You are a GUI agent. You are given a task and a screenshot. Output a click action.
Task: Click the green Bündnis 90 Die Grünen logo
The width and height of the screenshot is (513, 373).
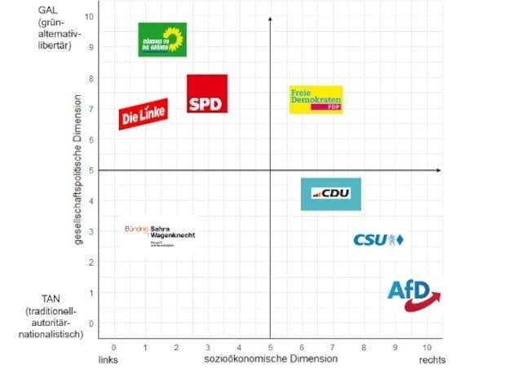(x=162, y=40)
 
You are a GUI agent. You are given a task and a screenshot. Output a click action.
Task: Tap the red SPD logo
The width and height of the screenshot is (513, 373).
(x=207, y=94)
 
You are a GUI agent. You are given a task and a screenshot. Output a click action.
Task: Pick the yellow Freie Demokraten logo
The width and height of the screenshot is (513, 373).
(x=316, y=99)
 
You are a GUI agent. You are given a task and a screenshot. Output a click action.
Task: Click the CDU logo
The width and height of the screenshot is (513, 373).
(x=330, y=194)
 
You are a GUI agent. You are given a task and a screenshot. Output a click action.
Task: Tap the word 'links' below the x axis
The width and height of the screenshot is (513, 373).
(x=110, y=359)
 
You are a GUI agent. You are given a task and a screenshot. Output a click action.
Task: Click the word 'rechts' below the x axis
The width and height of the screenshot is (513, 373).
(x=433, y=359)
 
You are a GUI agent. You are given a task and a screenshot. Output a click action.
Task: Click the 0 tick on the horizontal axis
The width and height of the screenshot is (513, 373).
(x=113, y=346)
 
